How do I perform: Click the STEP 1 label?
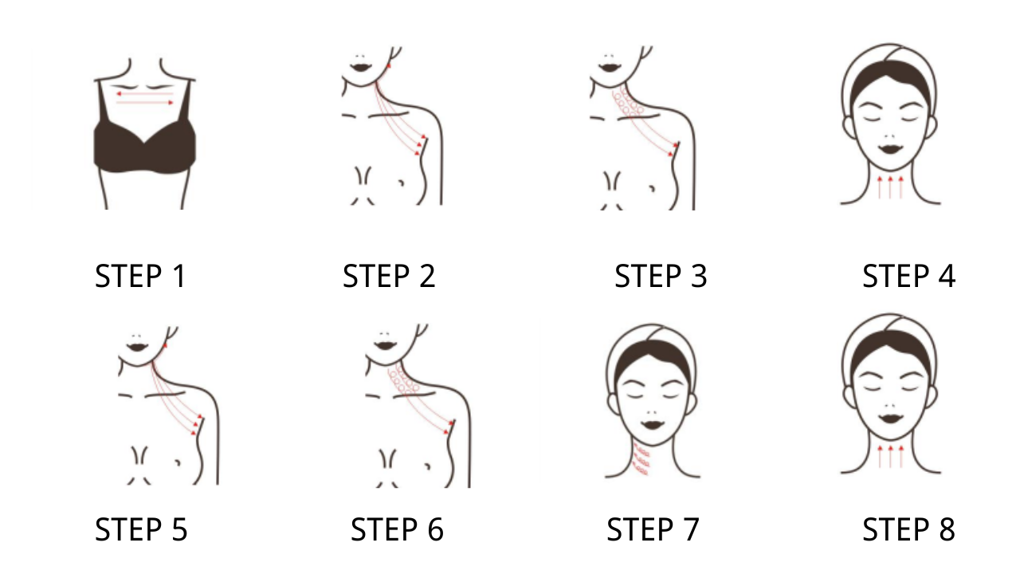[139, 276]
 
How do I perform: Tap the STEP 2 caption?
[389, 276]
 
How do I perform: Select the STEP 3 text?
[661, 276]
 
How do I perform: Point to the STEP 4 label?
[909, 276]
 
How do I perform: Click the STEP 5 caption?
[141, 529]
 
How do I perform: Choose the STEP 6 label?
[397, 529]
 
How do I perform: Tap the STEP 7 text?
[653, 529]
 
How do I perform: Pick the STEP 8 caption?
[909, 529]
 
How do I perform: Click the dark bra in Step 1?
[145, 147]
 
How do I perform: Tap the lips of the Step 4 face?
[891, 149]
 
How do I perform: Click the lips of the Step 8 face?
[891, 419]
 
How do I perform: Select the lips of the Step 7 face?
[653, 425]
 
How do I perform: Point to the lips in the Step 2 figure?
[361, 68]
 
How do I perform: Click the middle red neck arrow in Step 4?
[890, 187]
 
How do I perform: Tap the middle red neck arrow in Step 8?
[891, 457]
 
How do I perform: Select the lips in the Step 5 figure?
[138, 348]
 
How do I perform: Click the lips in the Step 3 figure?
[610, 68]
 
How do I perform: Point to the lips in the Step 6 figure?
[385, 346]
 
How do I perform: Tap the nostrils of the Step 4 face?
[891, 136]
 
